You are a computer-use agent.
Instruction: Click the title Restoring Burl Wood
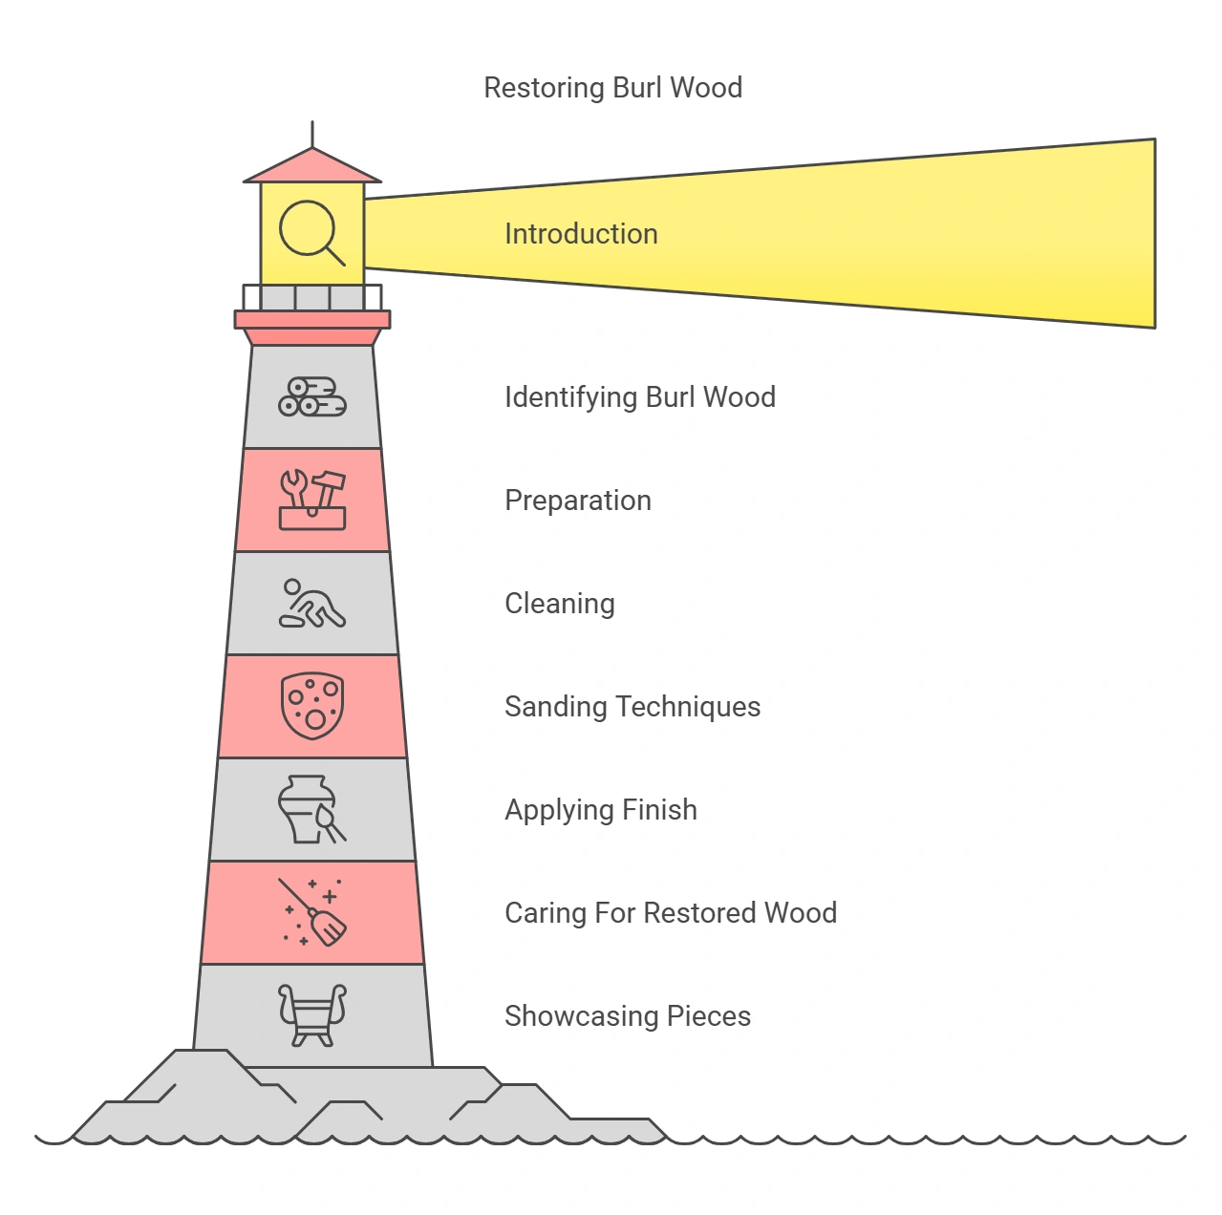(x=612, y=88)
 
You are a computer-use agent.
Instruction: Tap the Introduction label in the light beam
(x=581, y=234)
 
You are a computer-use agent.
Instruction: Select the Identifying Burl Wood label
(x=639, y=397)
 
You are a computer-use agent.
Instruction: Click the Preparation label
(x=577, y=501)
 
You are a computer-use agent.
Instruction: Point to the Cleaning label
(x=559, y=604)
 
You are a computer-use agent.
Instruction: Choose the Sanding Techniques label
(x=632, y=707)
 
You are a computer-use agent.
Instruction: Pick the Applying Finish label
(x=600, y=810)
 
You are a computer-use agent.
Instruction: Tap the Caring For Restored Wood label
(x=670, y=913)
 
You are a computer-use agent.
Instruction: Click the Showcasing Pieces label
(x=627, y=1016)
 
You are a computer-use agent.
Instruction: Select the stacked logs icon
(x=312, y=396)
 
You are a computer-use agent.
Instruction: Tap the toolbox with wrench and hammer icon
(x=312, y=500)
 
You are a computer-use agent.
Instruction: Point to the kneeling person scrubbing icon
(x=312, y=604)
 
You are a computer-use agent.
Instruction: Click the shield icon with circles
(x=312, y=706)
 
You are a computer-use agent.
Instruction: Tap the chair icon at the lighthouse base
(x=312, y=1014)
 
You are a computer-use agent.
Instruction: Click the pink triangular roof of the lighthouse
(x=312, y=168)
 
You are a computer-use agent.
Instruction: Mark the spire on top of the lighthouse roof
(x=312, y=134)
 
